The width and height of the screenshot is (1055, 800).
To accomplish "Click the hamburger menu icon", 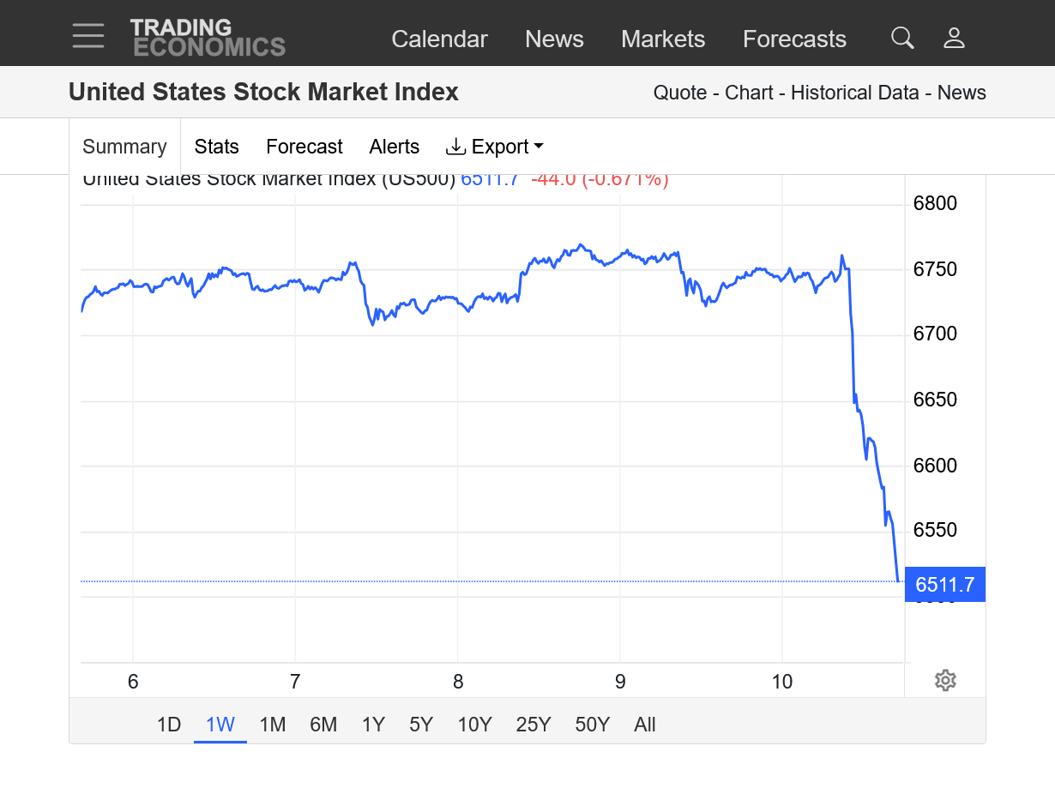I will tap(88, 36).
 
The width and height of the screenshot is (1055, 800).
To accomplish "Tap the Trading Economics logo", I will tap(208, 37).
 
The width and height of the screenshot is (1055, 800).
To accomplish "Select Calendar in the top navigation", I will tap(439, 39).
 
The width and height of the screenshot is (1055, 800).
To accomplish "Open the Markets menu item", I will tap(663, 39).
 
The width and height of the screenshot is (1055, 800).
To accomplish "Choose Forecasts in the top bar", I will tap(794, 39).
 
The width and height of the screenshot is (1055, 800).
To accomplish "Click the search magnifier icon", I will tap(902, 38).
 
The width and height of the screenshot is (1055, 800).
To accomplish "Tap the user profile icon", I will tap(954, 38).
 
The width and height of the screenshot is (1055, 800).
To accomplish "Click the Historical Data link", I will tap(854, 93).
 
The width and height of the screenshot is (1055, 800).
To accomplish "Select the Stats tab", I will tap(216, 147).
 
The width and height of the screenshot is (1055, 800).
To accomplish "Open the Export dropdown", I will tap(495, 147).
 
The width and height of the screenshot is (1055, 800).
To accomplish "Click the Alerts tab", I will tap(395, 147).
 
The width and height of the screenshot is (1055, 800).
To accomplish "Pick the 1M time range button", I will tap(272, 725).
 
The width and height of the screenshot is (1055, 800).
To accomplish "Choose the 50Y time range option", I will tap(592, 725).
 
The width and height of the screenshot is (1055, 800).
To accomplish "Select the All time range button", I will tap(645, 725).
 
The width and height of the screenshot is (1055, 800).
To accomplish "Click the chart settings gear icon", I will tap(945, 681).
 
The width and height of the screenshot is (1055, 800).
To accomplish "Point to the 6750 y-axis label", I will tap(935, 269).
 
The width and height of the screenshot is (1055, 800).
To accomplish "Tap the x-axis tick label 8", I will tap(458, 682).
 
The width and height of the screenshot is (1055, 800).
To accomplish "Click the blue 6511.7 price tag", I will tap(945, 585).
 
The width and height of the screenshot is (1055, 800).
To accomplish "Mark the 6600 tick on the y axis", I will tap(935, 466).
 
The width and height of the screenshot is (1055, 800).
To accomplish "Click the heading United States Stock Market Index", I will tap(263, 92).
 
